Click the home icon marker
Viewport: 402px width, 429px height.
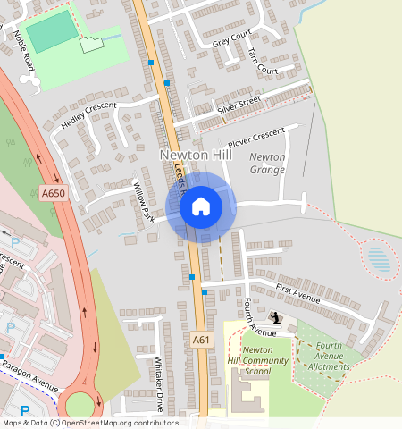201,206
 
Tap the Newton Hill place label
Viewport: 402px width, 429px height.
196,155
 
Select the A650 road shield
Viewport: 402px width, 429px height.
53,191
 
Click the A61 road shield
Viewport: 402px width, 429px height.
201,340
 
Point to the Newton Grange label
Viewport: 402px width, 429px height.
267,163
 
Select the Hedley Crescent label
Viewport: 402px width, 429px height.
88,116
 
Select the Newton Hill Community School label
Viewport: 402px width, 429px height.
245,360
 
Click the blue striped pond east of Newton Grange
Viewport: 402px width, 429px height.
379,260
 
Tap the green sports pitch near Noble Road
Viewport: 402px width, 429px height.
51,31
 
